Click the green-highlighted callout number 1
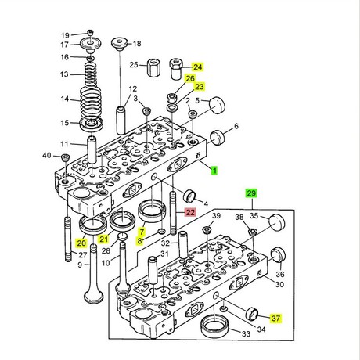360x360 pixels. click(x=214, y=171)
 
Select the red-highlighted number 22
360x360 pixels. click(x=190, y=212)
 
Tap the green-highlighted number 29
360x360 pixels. click(x=251, y=193)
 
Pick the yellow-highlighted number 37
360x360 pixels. click(x=275, y=319)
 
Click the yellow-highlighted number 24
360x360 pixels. click(x=197, y=67)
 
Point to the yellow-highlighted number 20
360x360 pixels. click(x=81, y=243)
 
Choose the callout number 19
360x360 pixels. click(x=65, y=35)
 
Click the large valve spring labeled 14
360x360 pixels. click(x=91, y=102)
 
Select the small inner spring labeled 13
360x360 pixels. click(x=91, y=75)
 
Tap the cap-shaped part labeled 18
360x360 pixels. click(x=120, y=45)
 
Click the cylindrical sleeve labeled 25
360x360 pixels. click(x=153, y=67)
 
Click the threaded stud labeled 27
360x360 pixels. click(x=68, y=238)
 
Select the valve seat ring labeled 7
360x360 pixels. click(x=152, y=211)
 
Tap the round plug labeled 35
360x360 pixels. click(x=277, y=222)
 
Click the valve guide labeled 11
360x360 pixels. click(x=92, y=149)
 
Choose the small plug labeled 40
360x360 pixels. click(x=65, y=157)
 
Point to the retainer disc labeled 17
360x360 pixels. click(x=91, y=43)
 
